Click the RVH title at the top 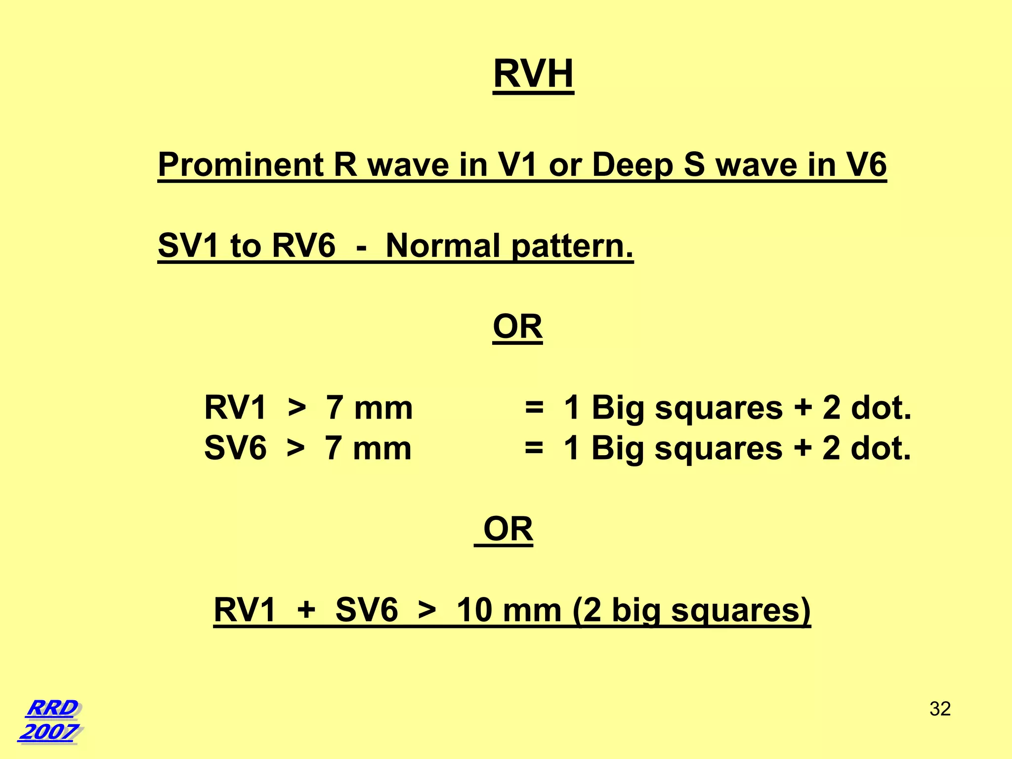coord(533,74)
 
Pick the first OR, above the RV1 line coord(517,327)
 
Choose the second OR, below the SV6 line coord(508,529)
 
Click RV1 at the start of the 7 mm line coord(235,408)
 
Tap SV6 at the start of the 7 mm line coord(235,448)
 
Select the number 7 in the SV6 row coord(334,448)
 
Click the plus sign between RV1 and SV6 coord(306,610)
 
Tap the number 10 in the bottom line coord(474,610)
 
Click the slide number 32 coord(940,709)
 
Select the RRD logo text coord(52,708)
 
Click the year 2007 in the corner coord(49,732)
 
